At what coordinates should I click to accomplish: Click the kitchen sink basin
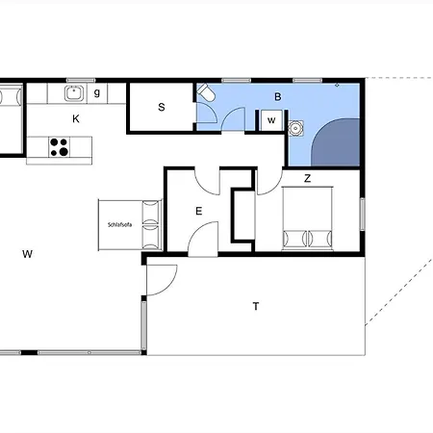75,93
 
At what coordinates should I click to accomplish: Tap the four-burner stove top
59,147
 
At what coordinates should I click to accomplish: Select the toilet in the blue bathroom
206,92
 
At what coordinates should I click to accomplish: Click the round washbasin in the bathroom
295,128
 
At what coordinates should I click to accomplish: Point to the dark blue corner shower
336,142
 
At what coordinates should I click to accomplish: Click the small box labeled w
271,120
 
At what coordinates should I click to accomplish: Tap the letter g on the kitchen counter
97,93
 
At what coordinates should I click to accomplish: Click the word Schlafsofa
119,225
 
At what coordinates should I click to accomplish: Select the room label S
162,107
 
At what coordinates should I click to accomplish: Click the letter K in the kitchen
76,119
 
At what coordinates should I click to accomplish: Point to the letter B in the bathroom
278,96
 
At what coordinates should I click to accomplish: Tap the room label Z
307,178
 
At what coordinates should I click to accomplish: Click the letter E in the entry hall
199,211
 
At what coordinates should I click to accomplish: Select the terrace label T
256,307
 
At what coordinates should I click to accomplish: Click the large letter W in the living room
27,254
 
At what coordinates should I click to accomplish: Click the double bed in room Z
307,218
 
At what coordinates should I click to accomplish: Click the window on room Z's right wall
363,215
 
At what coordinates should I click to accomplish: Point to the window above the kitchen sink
81,80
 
